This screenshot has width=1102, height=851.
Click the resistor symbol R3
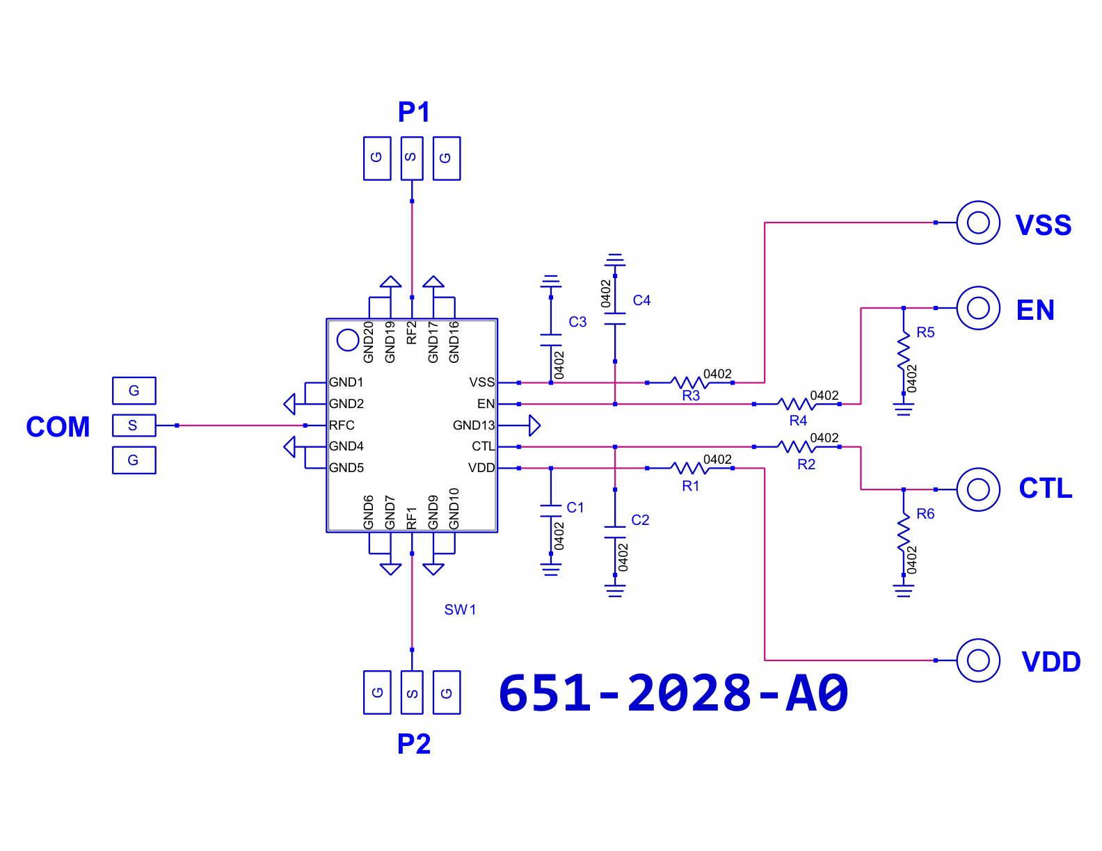689,382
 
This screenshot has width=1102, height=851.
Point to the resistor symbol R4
796,404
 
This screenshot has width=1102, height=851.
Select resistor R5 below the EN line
903,350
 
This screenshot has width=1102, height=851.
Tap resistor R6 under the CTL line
903,532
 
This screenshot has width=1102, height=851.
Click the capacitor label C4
641,300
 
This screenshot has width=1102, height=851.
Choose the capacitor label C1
575,508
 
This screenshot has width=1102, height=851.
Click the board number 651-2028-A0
673,693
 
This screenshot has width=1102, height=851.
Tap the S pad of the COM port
134,425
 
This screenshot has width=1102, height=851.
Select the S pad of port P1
412,158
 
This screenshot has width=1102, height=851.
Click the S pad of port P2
412,692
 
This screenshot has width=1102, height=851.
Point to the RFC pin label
342,425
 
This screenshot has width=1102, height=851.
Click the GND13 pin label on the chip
473,425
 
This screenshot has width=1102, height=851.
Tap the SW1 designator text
460,610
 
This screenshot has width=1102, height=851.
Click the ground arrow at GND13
534,425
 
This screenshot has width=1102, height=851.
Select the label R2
806,464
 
